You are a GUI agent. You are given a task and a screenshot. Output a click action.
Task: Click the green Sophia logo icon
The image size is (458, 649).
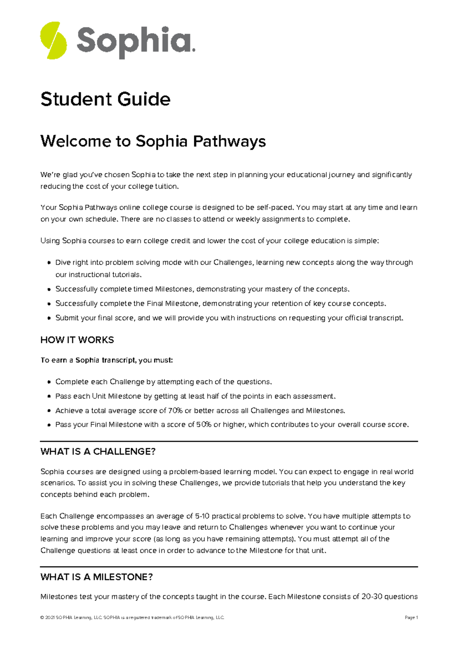[53, 40]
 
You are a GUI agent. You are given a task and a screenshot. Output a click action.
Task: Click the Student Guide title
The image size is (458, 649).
[105, 99]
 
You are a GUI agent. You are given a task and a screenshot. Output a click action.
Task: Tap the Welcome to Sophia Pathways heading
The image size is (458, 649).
[153, 141]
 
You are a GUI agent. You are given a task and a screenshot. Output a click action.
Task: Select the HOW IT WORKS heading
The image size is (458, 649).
[77, 340]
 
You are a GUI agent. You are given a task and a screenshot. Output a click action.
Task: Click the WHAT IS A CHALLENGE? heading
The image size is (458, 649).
[98, 451]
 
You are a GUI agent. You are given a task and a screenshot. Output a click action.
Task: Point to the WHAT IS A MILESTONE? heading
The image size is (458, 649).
[97, 577]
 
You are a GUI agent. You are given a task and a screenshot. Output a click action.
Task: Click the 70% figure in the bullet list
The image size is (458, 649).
[175, 410]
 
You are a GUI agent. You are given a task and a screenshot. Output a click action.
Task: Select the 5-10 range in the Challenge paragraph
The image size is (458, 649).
[202, 516]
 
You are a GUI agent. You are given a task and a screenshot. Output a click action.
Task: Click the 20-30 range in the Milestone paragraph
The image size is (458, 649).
[372, 597]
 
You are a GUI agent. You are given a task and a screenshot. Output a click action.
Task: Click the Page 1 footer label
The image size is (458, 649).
[411, 618]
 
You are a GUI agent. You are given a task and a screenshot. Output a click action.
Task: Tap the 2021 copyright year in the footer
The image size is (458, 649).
[50, 618]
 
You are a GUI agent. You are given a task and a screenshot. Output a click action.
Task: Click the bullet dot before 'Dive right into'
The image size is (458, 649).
[49, 263]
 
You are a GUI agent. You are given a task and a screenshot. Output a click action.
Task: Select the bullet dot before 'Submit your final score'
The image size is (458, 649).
[49, 318]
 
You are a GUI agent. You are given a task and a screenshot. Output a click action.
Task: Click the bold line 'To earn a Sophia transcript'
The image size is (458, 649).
[106, 360]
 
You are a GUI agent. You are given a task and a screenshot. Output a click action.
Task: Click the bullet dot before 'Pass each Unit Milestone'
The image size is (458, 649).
[49, 397]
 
